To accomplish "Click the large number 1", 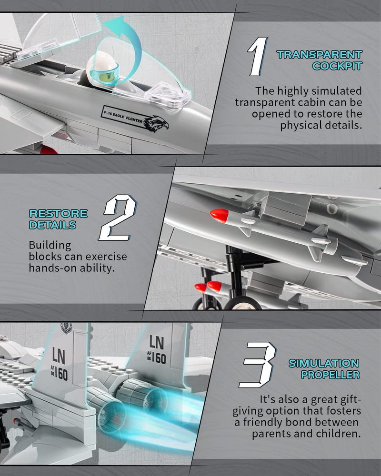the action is (258, 57).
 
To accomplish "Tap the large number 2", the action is (118, 218).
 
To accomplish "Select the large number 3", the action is (257, 365).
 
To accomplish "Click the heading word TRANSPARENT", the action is (319, 55).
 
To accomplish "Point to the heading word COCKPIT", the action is (337, 66).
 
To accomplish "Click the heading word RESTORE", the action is (58, 213).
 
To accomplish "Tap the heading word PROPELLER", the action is (330, 375).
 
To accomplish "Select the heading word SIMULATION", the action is (324, 363).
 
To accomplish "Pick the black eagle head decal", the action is (156, 124).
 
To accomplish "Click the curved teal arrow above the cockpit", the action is (125, 46).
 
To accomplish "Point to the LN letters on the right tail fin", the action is (157, 342).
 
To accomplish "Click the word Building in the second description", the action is (50, 246).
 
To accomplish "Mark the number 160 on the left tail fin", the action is (61, 374).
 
